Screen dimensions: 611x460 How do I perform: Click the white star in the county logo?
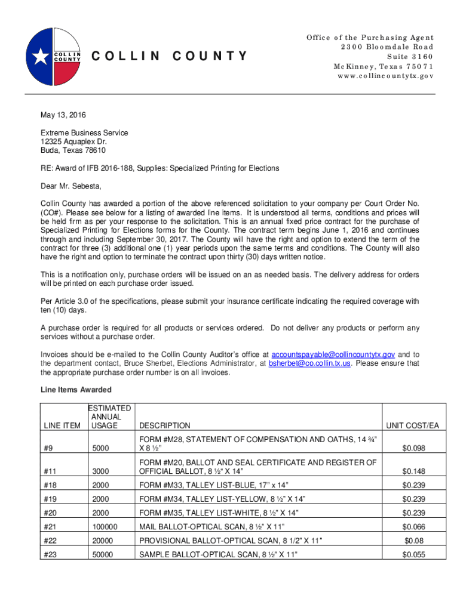pyautogui.click(x=41, y=57)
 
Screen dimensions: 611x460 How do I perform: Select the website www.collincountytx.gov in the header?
pyautogui.click(x=385, y=76)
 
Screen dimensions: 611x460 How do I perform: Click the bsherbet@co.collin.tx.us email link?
pyautogui.click(x=309, y=363)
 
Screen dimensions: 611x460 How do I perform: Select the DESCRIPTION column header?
pyautogui.click(x=165, y=425)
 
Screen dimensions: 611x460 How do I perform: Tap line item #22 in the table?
pyautogui.click(x=51, y=541)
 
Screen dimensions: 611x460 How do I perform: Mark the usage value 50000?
pyautogui.click(x=103, y=555)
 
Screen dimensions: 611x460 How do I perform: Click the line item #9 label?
pyautogui.click(x=48, y=449)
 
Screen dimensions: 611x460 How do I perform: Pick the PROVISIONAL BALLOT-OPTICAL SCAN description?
pyautogui.click(x=231, y=541)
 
